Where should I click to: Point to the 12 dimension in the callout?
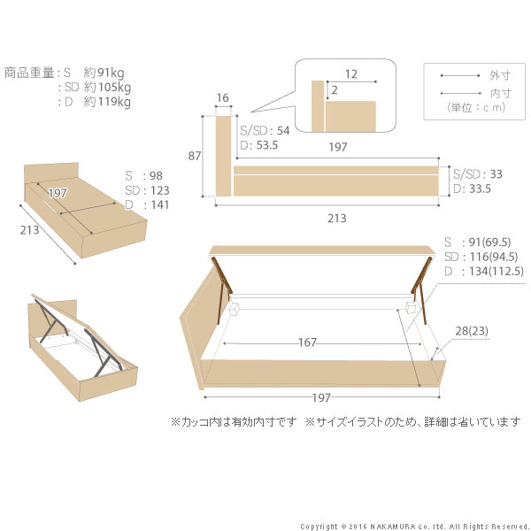pyautogui.click(x=352, y=75)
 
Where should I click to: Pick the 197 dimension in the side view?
pyautogui.click(x=336, y=150)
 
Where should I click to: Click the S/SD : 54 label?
pyautogui.click(x=263, y=130)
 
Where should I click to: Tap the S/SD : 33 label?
pyautogui.click(x=478, y=174)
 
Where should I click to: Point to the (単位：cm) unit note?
pyautogui.click(x=476, y=107)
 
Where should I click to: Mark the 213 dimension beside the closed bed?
pyautogui.click(x=31, y=237)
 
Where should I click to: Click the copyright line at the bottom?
pyautogui.click(x=414, y=526)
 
